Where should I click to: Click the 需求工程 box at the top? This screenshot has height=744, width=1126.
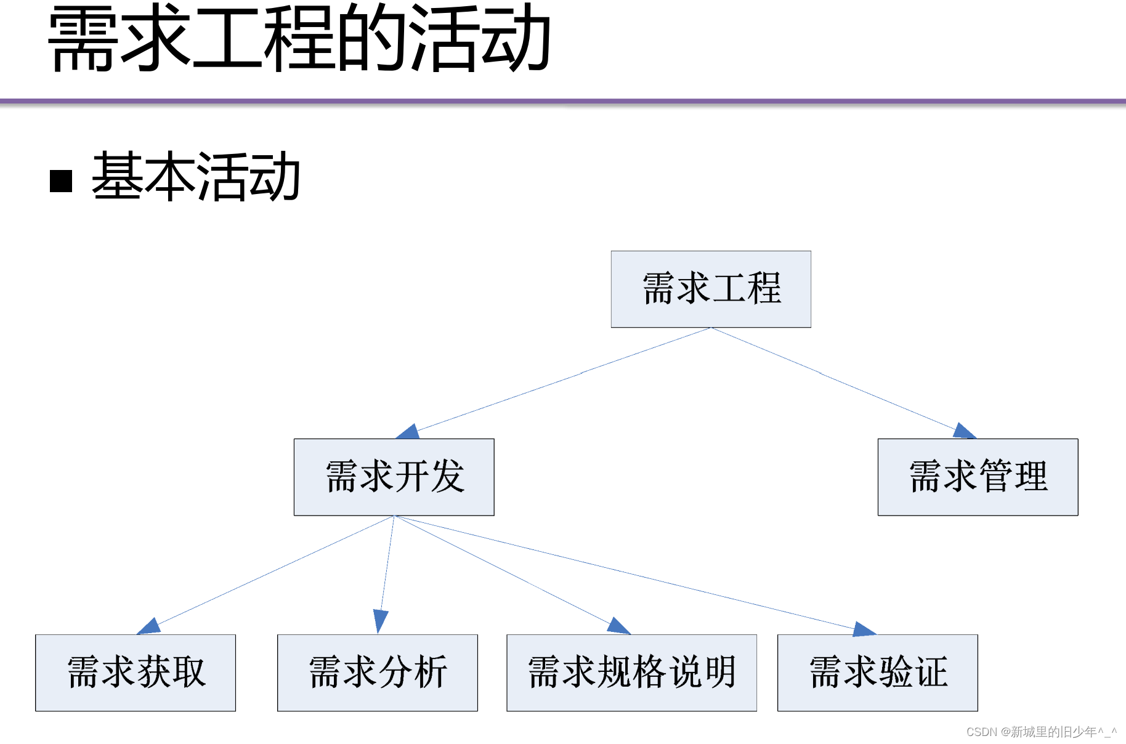click(x=711, y=289)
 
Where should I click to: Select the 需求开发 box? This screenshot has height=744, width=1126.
click(x=394, y=477)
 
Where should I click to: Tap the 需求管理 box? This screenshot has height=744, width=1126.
click(x=978, y=477)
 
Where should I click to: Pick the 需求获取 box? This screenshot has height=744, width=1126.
click(x=136, y=673)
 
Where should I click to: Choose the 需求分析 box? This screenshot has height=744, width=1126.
click(x=378, y=673)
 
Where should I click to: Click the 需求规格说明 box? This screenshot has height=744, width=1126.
click(x=631, y=673)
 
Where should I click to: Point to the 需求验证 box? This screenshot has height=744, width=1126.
click(x=877, y=673)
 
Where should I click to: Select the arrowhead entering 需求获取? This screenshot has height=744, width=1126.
click(x=150, y=626)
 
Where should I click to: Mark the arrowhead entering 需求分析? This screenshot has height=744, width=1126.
click(x=381, y=620)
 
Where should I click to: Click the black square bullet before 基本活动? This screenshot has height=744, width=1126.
click(x=61, y=181)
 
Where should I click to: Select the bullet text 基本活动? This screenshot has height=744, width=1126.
click(x=196, y=177)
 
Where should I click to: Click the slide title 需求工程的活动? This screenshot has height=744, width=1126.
click(x=299, y=38)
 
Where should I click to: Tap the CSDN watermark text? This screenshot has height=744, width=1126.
click(x=1040, y=732)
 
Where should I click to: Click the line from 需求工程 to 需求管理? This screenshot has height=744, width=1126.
click(x=832, y=378)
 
